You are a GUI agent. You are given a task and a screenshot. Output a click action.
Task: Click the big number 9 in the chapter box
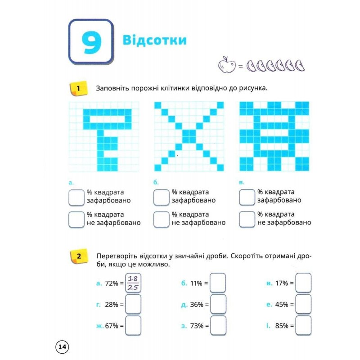(91, 43)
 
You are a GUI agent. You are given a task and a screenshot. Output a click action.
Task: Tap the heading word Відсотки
(154, 40)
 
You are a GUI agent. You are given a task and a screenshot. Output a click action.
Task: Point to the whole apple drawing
(227, 65)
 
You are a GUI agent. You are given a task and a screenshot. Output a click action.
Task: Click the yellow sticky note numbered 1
(78, 88)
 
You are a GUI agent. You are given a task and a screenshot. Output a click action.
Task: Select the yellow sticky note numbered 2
(79, 256)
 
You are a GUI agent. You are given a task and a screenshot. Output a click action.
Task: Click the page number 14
(62, 346)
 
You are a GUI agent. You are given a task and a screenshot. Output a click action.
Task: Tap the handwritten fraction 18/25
(133, 283)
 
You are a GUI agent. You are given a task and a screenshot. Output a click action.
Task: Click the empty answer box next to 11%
(218, 283)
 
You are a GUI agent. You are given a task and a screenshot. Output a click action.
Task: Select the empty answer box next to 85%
(303, 325)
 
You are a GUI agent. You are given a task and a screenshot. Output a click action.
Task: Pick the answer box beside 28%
(133, 304)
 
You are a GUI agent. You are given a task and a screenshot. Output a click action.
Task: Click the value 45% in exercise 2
(282, 305)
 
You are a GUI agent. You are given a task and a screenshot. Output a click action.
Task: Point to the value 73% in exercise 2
(197, 326)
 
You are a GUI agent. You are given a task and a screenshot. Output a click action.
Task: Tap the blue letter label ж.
(100, 326)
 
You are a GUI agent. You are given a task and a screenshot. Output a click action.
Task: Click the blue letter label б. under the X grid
(156, 182)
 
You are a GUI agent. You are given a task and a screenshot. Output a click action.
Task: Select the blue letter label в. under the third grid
(242, 183)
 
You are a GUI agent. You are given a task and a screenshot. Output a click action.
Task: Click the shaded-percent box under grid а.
(76, 198)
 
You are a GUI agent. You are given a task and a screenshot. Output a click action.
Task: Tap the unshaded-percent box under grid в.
(247, 220)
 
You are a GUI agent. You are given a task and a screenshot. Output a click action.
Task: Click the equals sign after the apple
(240, 66)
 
